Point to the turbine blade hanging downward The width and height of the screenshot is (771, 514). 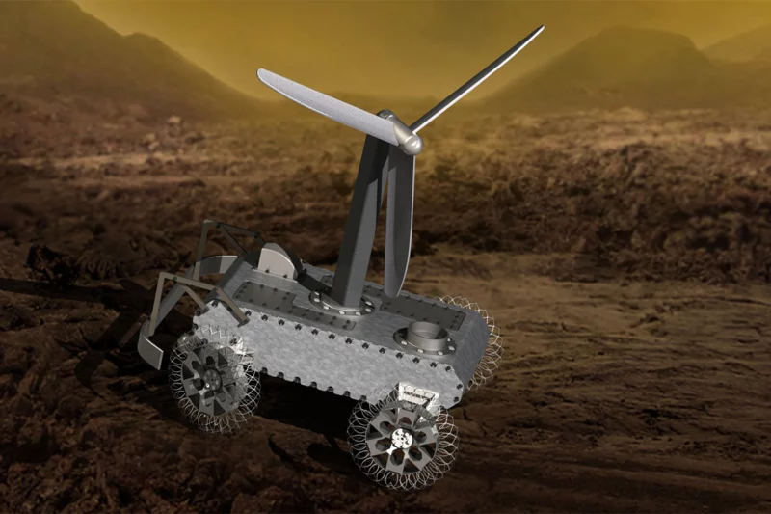(399, 227)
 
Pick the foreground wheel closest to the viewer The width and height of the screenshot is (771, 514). (403, 439)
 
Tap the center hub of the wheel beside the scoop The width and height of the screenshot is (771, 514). (214, 378)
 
